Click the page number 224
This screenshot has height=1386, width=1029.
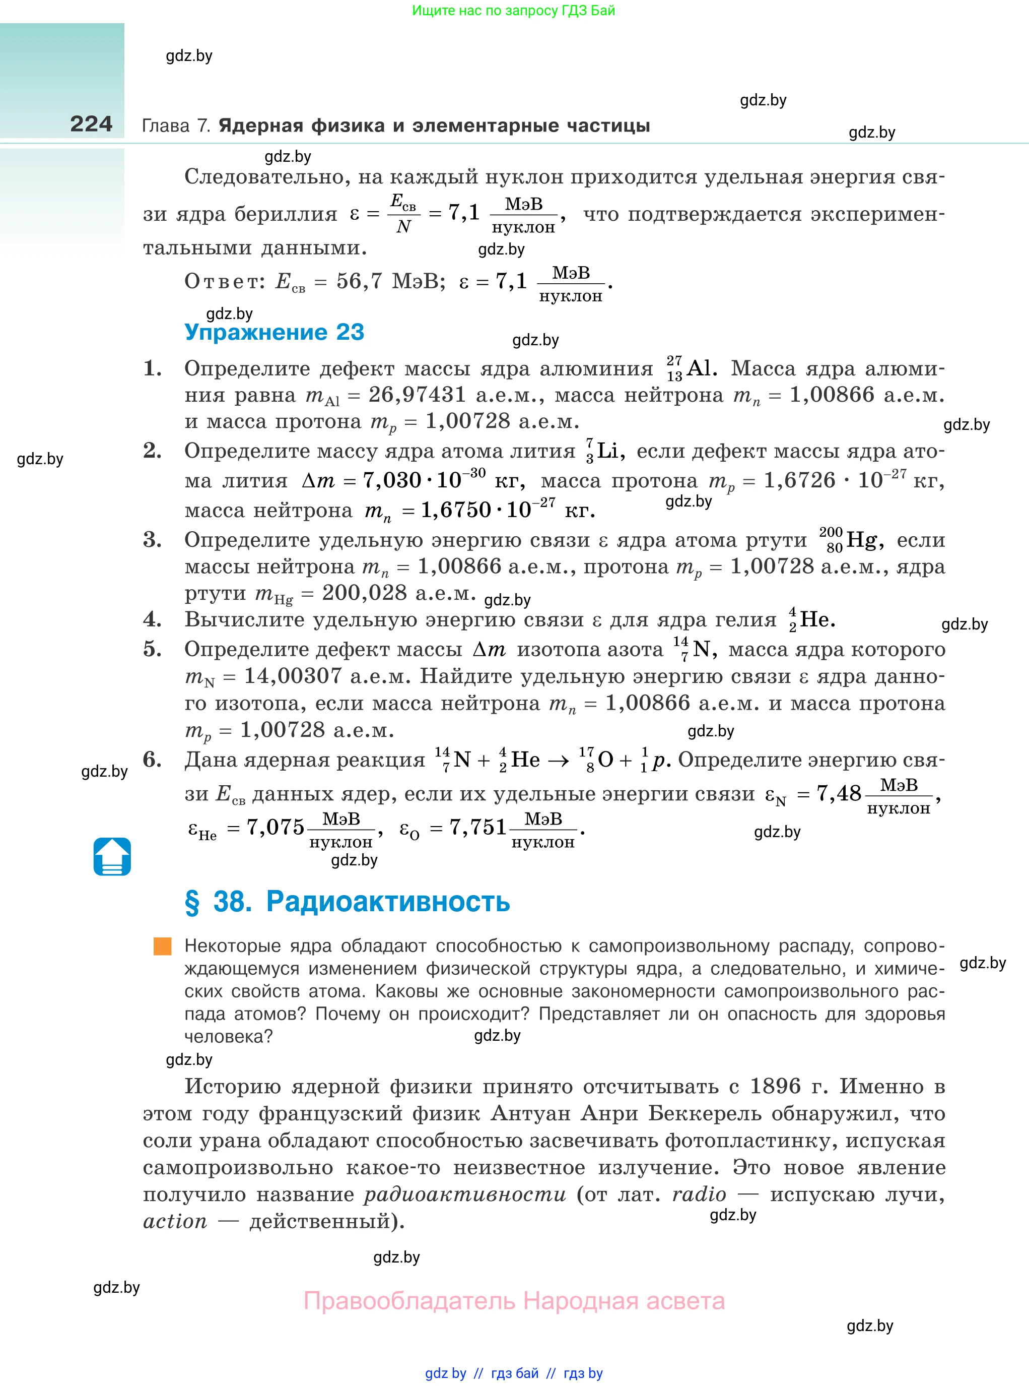click(x=91, y=124)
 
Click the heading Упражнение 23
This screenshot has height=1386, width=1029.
click(x=274, y=332)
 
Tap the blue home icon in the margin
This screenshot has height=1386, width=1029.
click(x=112, y=856)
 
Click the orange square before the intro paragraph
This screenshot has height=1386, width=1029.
click(x=163, y=946)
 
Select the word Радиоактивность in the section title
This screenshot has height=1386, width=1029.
click(x=387, y=901)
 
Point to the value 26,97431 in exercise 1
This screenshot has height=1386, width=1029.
click(x=417, y=395)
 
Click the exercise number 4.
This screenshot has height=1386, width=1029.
click(x=153, y=619)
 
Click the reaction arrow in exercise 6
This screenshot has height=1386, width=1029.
click(x=558, y=761)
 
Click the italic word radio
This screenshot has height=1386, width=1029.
click(x=699, y=1194)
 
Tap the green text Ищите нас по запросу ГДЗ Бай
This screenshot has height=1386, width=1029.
click(x=513, y=11)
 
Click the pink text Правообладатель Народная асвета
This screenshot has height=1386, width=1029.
click(x=514, y=1301)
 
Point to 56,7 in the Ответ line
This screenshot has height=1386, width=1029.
click(x=359, y=282)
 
